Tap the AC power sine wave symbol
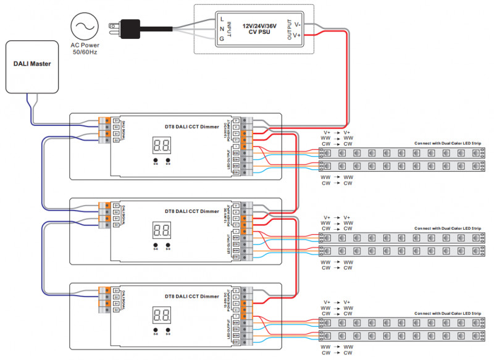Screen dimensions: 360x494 [x=83, y=27]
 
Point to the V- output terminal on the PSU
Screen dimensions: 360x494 [x=298, y=25]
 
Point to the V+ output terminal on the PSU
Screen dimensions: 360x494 [x=298, y=36]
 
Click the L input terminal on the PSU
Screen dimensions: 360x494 [x=222, y=19]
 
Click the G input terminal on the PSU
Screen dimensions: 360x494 [x=222, y=39]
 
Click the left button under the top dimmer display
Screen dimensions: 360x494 [x=156, y=161]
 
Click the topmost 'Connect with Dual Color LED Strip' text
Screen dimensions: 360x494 [x=448, y=143]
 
